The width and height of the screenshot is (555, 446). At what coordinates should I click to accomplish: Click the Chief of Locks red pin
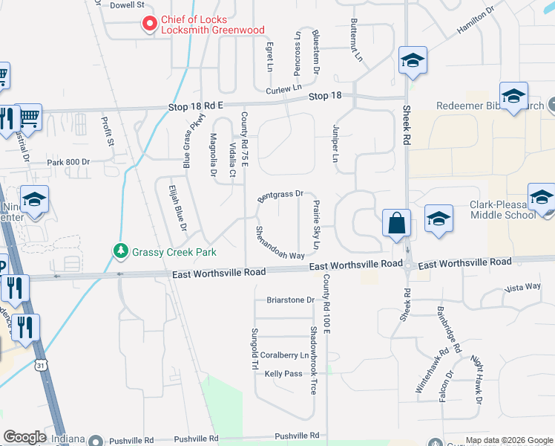click(x=150, y=25)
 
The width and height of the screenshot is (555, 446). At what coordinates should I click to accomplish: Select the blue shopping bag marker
click(x=396, y=223)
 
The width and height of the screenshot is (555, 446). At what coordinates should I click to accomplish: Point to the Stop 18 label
click(x=325, y=97)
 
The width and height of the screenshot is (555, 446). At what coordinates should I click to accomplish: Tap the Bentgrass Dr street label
click(x=281, y=196)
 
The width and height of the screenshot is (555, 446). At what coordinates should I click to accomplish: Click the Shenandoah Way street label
click(x=280, y=243)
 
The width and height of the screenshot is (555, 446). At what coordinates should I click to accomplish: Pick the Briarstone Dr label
click(x=290, y=300)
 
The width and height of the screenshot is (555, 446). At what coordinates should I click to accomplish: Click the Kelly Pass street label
click(x=283, y=373)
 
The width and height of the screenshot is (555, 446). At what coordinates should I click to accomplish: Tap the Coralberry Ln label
click(x=284, y=356)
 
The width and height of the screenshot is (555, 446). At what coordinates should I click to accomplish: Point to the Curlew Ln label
click(x=281, y=90)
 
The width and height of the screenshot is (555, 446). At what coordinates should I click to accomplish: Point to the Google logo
click(x=24, y=437)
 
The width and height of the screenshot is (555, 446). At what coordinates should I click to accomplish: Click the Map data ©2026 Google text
click(x=508, y=440)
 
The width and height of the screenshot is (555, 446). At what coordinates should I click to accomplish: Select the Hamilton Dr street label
click(x=476, y=22)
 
